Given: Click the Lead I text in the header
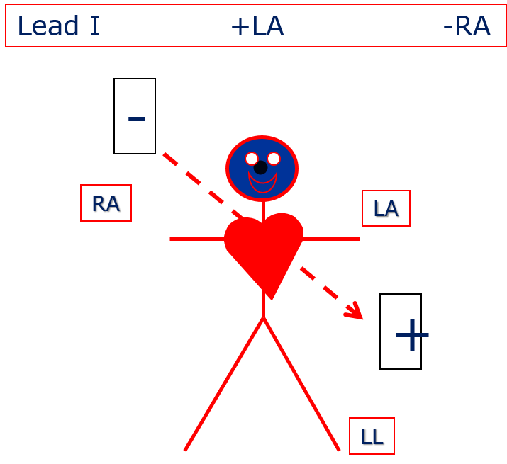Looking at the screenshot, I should pos(58,27).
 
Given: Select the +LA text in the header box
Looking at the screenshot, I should pos(257,27).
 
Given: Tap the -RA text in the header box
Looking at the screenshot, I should pos(466,27).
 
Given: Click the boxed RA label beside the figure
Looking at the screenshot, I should pos(106,203).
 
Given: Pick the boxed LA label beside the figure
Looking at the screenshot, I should pos(386,208).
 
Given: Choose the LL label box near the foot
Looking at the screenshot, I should pos(372,436).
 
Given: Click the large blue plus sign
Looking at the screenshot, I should pos(412,335).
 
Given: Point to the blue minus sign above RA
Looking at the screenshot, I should pos(137,119).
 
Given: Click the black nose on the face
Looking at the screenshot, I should pos(261,168).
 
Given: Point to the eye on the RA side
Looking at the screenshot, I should pos(252,158).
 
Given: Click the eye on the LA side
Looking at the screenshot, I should pos(274,158).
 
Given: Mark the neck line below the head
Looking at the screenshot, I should pos(263,209).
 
